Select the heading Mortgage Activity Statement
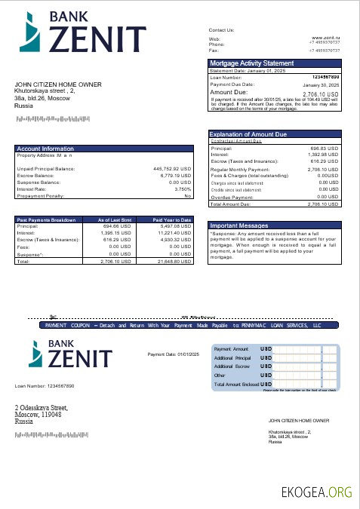coord(251,63)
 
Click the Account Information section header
coord(45,149)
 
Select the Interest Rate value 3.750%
coord(183,189)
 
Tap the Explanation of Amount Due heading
coord(248,134)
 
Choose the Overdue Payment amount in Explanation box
coord(328,196)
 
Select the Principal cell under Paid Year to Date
coord(176,225)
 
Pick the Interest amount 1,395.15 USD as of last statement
coord(116,233)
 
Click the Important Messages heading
coord(239,225)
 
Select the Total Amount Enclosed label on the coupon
coord(235,384)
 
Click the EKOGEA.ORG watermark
coord(316,492)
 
